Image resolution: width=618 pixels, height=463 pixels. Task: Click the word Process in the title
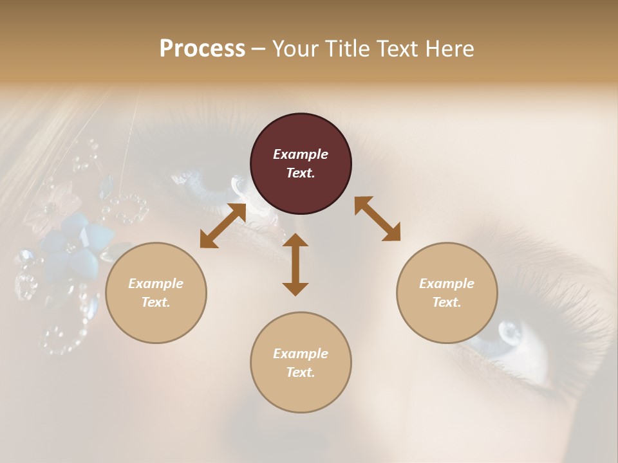[x=202, y=49]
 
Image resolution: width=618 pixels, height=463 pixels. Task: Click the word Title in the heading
[x=344, y=49]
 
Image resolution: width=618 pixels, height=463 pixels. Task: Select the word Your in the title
[x=295, y=49]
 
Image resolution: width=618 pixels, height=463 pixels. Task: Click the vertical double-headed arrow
[x=295, y=265]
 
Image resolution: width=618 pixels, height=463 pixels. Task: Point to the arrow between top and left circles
[x=223, y=226]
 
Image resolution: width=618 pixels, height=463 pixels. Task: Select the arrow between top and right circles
[x=377, y=219]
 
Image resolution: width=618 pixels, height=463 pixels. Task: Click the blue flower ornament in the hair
[x=77, y=244]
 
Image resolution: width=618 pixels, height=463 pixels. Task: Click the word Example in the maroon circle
[x=301, y=154]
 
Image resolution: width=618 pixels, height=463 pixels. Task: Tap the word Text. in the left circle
[x=156, y=302]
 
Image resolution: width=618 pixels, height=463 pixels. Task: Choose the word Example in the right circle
[x=447, y=284]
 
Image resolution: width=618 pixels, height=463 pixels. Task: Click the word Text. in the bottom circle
[x=301, y=372]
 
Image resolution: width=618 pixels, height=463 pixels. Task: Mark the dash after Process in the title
[x=258, y=49]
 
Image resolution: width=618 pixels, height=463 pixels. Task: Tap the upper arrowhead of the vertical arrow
[x=295, y=241]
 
